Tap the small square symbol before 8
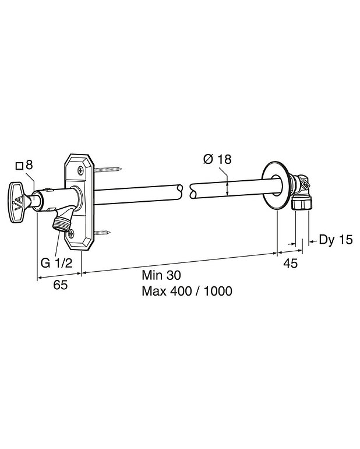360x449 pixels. point(19,166)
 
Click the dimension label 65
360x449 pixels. point(61,285)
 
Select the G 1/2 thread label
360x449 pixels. point(57,263)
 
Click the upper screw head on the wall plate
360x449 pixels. point(80,171)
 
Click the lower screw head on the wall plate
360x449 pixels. point(71,234)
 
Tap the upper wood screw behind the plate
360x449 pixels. point(108,170)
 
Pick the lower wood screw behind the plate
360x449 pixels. point(102,233)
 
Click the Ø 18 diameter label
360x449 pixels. point(217,159)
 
